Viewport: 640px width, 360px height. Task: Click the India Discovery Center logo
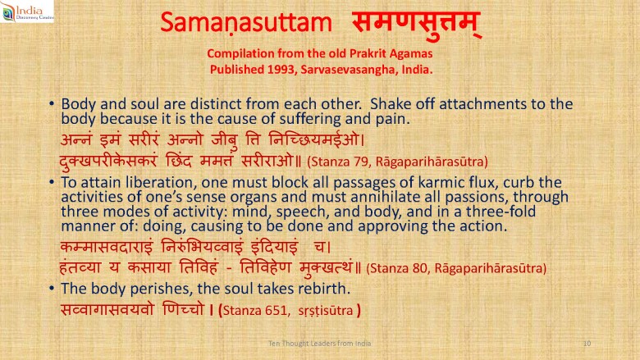[27, 11]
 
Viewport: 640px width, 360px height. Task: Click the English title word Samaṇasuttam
[246, 22]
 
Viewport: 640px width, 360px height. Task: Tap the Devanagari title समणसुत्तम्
[416, 24]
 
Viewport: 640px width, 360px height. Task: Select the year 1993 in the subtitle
[281, 70]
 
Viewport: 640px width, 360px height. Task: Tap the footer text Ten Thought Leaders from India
[320, 344]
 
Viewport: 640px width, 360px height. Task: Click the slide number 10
[587, 344]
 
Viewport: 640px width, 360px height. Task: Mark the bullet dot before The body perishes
[52, 289]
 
